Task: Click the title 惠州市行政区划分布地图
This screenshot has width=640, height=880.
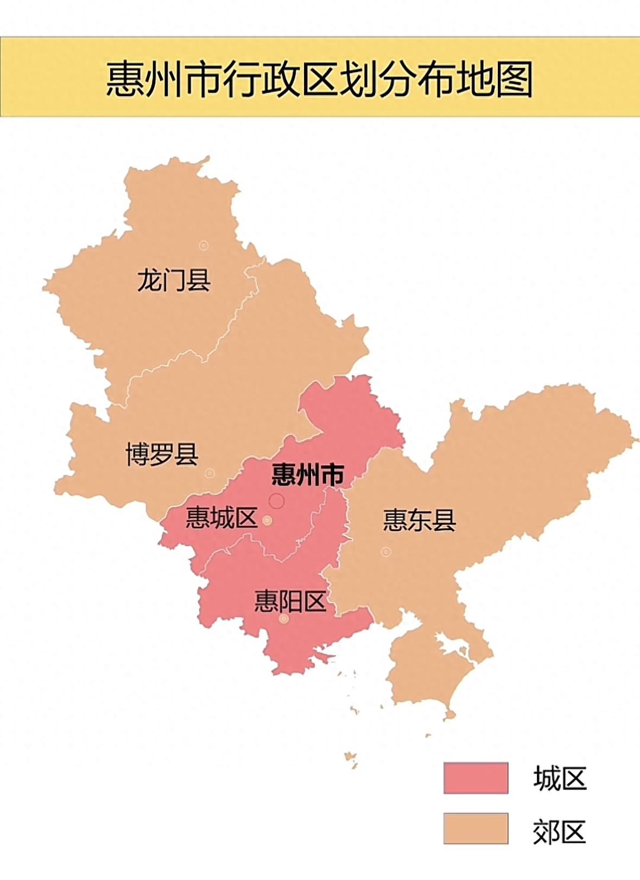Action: coord(319,79)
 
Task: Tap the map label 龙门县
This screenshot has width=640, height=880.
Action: coord(174,280)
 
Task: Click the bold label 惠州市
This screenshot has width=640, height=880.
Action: coord(308,475)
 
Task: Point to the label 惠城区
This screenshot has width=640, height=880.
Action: coord(221,518)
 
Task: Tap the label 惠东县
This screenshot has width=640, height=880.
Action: coord(419,520)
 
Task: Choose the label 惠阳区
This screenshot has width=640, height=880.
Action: coord(290,602)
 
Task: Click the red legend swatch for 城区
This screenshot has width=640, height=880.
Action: coord(476,778)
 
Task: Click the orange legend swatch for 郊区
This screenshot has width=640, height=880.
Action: coord(476,828)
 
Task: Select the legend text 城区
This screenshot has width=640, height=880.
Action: coord(560,778)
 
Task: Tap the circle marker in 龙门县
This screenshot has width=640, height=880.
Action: coord(204,245)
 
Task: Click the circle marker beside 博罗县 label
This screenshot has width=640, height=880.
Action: coord(210,473)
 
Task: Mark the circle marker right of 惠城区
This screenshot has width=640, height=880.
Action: coord(267,521)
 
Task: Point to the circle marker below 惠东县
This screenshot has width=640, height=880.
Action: coord(386,552)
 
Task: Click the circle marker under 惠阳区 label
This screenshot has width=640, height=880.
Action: coord(284,619)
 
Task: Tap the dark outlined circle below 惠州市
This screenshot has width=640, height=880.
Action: coord(277,501)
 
